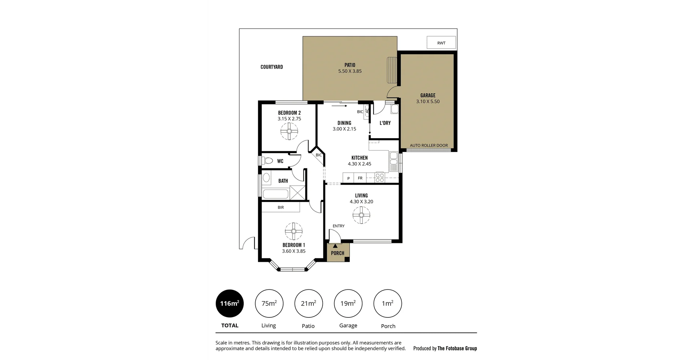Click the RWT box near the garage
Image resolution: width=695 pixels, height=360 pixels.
(441, 43)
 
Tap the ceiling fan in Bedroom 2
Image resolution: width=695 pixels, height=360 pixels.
(289, 132)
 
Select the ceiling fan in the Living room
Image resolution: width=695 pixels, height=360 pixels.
(361, 215)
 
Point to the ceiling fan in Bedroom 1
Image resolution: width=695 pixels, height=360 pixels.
(294, 231)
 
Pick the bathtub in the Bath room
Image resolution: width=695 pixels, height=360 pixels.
(275, 194)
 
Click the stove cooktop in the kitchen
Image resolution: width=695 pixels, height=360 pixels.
(380, 177)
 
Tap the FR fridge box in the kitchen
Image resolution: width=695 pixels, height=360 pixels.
(360, 178)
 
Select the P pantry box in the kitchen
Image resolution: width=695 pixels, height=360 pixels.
(348, 178)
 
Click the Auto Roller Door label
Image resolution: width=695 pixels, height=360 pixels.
(429, 145)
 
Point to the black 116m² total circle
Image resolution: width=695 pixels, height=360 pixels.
(229, 304)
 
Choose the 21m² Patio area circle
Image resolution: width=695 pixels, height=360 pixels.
(308, 304)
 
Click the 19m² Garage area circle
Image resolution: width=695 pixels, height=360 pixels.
(348, 304)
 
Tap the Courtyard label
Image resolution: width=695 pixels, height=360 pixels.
(271, 67)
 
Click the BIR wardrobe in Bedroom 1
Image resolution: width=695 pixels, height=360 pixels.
(281, 207)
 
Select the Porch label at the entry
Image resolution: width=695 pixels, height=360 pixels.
(337, 253)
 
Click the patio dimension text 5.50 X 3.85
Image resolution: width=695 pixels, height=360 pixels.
(350, 71)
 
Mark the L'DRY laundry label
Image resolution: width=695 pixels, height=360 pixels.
(385, 123)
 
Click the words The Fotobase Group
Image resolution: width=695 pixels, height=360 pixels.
(457, 348)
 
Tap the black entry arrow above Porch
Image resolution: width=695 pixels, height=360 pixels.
(335, 246)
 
